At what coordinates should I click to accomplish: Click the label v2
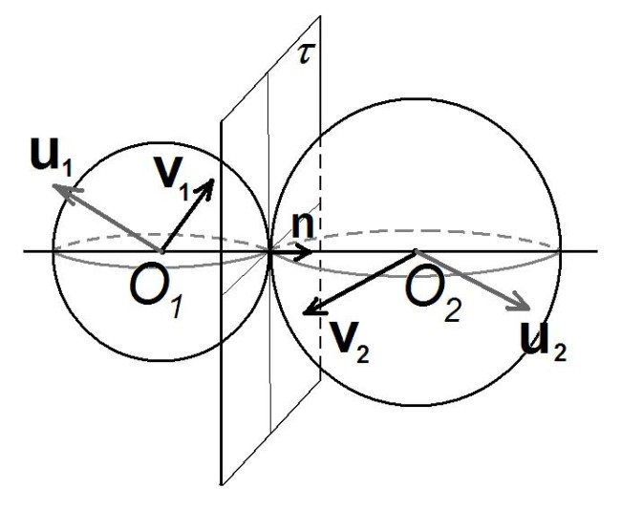click(x=350, y=342)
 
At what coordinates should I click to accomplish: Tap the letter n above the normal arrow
click(x=303, y=226)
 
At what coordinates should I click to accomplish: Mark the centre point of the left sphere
click(x=161, y=251)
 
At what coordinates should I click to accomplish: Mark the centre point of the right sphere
click(x=416, y=251)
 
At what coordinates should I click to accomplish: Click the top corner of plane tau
click(x=320, y=16)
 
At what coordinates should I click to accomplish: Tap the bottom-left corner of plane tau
click(x=221, y=484)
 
